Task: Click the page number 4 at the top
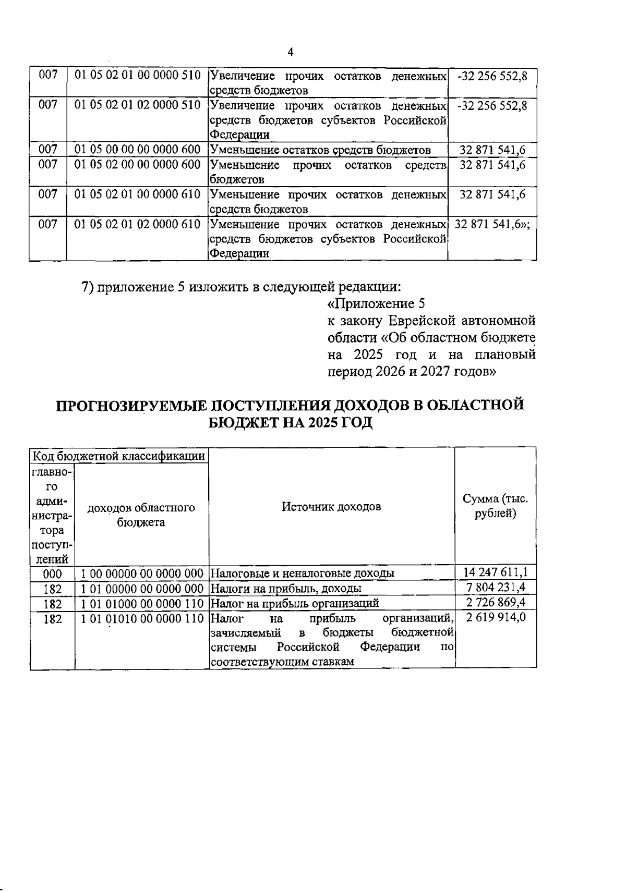291,52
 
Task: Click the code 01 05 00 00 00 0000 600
138,150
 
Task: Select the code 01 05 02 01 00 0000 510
138,76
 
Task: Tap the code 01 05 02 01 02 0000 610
138,225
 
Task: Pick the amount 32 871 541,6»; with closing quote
492,225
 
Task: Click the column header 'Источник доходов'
331,507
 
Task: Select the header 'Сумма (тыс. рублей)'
495,506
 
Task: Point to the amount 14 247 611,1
495,572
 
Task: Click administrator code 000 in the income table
52,574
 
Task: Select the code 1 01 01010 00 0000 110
142,619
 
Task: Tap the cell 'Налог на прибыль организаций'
294,604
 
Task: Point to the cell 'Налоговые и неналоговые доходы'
302,573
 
